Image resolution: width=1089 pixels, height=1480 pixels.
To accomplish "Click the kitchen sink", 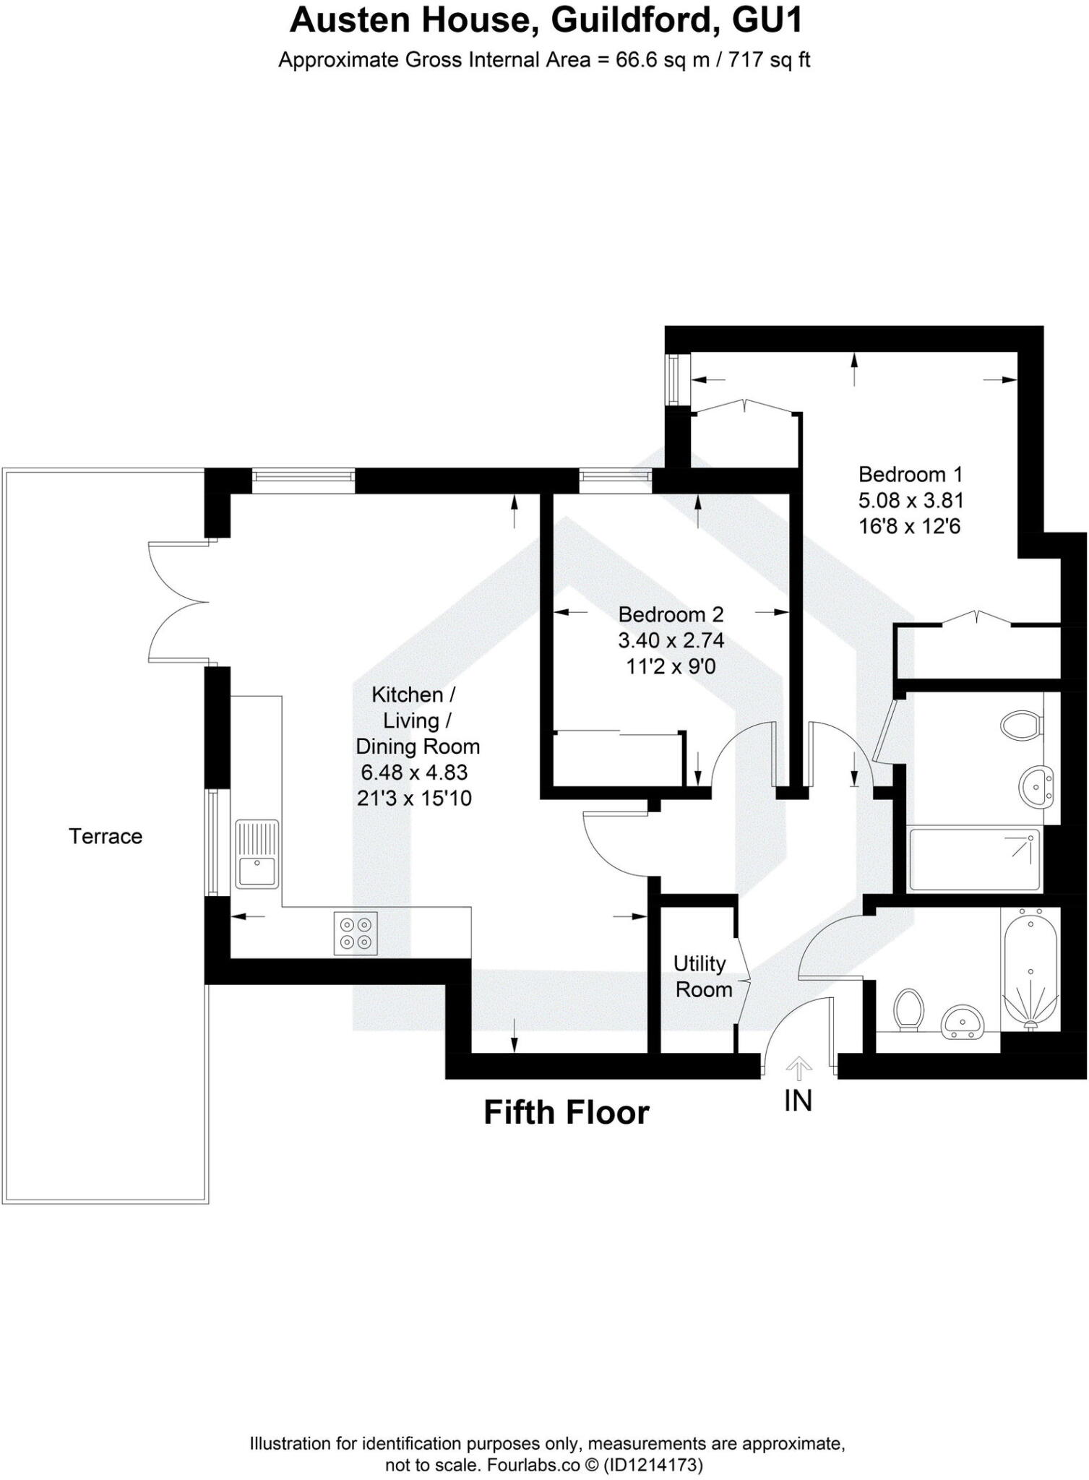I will click(257, 853).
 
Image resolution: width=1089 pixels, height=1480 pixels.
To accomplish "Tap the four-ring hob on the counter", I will click(356, 933).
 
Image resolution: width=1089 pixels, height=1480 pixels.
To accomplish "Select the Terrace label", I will click(106, 837).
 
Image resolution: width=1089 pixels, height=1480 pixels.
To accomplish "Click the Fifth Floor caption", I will click(566, 1113).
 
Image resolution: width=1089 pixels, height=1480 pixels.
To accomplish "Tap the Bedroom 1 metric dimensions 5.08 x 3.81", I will click(911, 500).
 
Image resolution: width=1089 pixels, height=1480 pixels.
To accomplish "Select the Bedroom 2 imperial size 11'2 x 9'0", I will click(671, 666).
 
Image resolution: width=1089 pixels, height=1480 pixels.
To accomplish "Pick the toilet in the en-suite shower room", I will click(1023, 725).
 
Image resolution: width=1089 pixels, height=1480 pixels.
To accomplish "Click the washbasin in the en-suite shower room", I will click(1037, 786).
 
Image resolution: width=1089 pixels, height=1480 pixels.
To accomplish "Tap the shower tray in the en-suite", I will click(976, 860).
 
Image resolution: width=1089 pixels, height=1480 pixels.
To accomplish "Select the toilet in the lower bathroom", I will click(909, 1009).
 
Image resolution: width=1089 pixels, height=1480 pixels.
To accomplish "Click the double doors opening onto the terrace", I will click(177, 601).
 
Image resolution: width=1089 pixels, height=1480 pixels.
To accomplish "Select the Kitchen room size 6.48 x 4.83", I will click(414, 773).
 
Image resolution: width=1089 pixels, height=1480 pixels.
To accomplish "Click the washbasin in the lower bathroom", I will click(962, 1022).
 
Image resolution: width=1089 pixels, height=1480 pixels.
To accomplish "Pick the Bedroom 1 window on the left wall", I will click(674, 380).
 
